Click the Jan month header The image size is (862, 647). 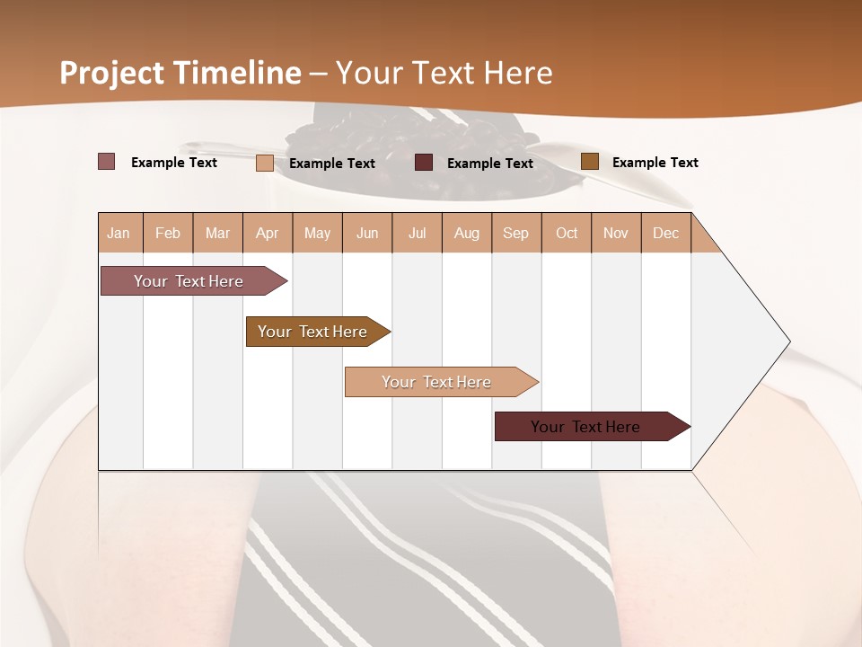119,233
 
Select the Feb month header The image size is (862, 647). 168,233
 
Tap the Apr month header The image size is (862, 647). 268,233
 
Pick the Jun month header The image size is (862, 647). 367,233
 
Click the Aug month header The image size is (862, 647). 467,233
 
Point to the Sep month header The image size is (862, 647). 516,233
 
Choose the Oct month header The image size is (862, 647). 567,233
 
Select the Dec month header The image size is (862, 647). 666,233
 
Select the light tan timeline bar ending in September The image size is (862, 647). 437,382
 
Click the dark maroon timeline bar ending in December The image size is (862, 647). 586,427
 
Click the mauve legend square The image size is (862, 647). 107,162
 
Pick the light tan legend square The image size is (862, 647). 265,163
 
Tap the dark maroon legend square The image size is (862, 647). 424,163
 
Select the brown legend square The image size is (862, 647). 589,162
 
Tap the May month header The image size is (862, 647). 317,233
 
